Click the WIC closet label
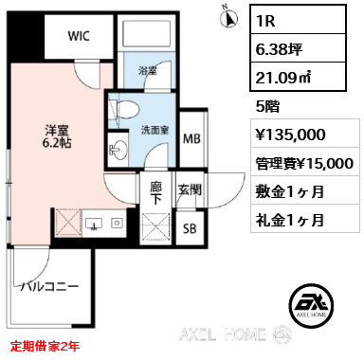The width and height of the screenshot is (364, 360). pos(79,36)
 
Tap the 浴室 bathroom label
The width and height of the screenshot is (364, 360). pos(148,71)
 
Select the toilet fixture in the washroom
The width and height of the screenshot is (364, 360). pos(124,109)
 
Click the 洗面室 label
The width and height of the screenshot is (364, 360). pos(155,130)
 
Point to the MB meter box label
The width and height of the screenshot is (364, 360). pos(191,138)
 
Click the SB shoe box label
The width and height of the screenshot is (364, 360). pos(190,228)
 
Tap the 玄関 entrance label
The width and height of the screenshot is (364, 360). pos(190,189)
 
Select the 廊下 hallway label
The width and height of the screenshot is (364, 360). pos(155,193)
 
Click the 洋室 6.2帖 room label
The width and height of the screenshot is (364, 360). pos(57,136)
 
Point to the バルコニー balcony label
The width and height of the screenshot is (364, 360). pos(49,287)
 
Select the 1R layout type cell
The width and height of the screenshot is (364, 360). pos(299,20)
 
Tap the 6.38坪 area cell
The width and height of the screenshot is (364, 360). pos(299,48)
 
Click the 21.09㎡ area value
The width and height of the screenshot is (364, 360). pos(283,78)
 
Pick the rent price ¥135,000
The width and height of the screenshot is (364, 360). pos(291,135)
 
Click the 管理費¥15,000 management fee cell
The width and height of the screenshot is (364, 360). pos(305,162)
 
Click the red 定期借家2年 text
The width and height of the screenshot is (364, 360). pos(45,346)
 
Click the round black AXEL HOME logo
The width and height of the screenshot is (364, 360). pos(312,304)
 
